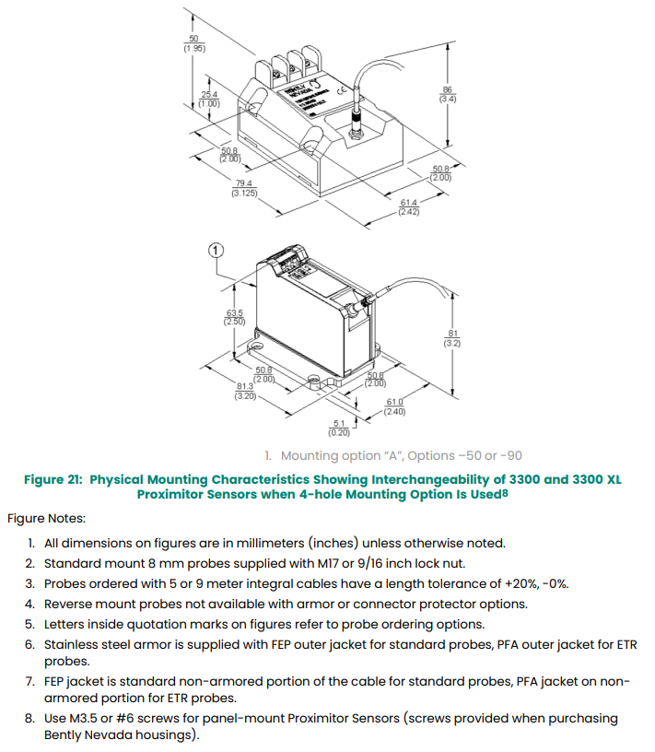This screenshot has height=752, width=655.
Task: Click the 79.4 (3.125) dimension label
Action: click(244, 189)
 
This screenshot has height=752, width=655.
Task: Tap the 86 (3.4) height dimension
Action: click(449, 93)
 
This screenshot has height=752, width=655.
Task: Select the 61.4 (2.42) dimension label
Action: click(409, 207)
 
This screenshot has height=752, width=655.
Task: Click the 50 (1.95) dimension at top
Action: click(193, 42)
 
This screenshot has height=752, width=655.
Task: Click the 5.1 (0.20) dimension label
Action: click(340, 428)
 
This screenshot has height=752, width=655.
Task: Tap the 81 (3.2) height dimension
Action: click(451, 337)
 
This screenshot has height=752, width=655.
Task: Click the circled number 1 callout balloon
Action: click(216, 249)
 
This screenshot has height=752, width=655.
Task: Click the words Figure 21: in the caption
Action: click(53, 479)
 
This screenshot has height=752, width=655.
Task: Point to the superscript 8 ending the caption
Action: click(506, 492)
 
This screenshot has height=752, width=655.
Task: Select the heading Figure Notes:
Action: click(47, 519)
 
